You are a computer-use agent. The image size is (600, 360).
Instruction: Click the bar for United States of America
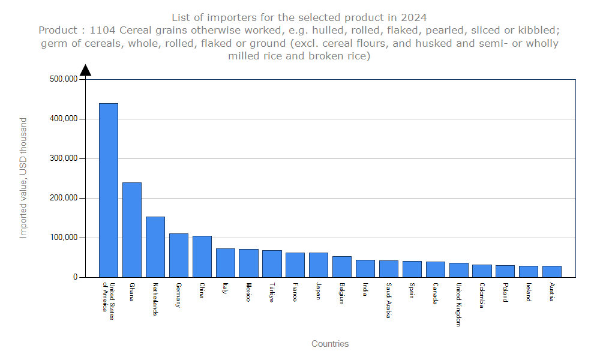click(x=109, y=190)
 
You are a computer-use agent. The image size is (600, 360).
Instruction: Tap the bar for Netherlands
click(x=155, y=247)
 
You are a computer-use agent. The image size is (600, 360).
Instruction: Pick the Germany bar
click(x=179, y=255)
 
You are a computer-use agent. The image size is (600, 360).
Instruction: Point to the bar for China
click(x=202, y=256)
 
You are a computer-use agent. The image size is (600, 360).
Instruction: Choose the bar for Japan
click(x=319, y=265)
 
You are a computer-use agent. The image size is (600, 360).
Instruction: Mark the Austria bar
click(x=552, y=271)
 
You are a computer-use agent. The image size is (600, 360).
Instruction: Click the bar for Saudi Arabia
click(x=389, y=269)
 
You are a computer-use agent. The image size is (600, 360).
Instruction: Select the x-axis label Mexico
click(x=248, y=292)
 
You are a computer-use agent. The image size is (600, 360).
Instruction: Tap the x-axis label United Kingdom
click(x=458, y=304)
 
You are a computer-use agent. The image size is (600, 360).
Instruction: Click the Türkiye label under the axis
click(x=271, y=293)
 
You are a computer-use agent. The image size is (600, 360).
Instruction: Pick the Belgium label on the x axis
click(x=341, y=293)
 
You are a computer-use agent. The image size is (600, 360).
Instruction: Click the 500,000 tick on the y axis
click(x=62, y=79)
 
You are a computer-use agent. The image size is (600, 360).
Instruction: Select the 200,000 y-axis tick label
click(x=62, y=198)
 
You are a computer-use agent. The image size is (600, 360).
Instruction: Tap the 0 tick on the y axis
click(x=75, y=277)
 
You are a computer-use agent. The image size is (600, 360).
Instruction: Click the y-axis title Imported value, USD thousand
click(x=23, y=178)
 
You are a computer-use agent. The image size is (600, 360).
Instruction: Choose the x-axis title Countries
click(x=330, y=344)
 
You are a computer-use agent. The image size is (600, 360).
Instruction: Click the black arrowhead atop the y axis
click(x=85, y=70)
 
